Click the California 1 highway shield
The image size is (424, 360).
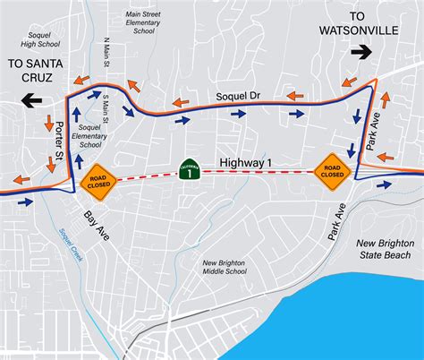[x=190, y=171]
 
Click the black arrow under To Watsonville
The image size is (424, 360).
[x=362, y=53]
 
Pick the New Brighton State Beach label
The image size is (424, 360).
[x=383, y=249]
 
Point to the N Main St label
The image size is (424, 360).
[x=104, y=53]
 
